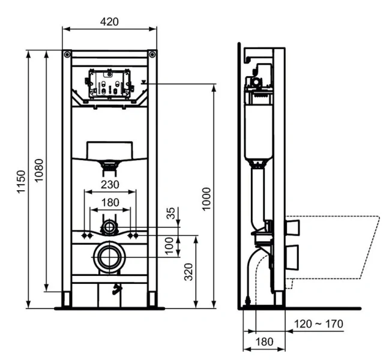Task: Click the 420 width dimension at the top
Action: [109, 21]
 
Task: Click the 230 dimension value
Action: [109, 184]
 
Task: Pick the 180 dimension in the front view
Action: [109, 202]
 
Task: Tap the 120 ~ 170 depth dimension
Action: [319, 324]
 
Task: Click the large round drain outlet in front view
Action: [109, 257]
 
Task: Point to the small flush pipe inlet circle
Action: [109, 227]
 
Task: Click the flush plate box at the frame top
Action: [109, 83]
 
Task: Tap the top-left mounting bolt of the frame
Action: [66, 55]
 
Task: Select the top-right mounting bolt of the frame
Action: [152, 55]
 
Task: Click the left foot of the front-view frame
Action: [67, 299]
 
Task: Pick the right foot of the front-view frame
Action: [152, 299]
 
